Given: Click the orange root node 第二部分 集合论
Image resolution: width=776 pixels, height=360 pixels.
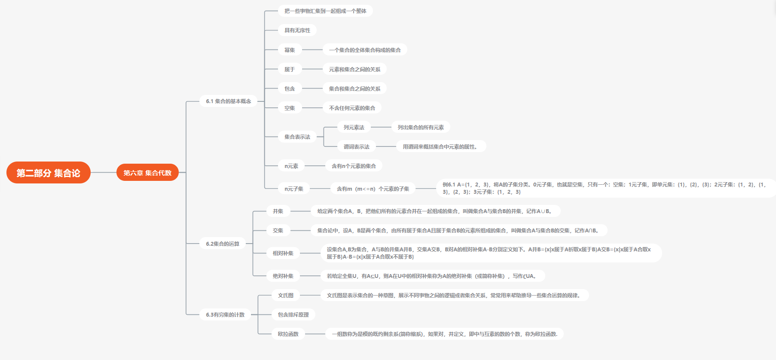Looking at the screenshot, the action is (x=49, y=173).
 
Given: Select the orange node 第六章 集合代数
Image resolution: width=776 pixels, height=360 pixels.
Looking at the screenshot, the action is (x=147, y=173).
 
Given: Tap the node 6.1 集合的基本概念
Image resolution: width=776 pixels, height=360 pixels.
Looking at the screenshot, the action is (x=228, y=101).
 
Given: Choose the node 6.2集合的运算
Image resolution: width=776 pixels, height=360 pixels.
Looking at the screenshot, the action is (x=223, y=244).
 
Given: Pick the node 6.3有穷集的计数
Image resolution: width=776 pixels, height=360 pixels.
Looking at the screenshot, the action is (x=225, y=314).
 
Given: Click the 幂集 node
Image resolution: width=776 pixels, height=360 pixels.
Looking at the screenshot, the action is (x=290, y=50).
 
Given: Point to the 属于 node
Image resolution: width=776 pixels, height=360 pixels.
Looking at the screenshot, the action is (x=290, y=69).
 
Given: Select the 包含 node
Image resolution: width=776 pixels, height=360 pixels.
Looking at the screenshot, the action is (x=290, y=88).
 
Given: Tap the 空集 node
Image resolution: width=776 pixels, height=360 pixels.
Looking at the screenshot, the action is (x=290, y=108).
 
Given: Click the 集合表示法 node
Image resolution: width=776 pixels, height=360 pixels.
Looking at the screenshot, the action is (x=297, y=137).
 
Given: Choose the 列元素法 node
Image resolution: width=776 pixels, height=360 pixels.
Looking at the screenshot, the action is (x=354, y=127).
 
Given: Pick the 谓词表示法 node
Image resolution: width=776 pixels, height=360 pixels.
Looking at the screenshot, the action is (x=357, y=146).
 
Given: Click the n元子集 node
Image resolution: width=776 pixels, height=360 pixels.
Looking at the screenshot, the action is (x=294, y=189).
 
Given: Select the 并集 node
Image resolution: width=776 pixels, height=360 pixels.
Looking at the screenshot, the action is (x=278, y=211).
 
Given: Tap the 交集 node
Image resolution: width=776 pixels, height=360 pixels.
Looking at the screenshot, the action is (x=278, y=230).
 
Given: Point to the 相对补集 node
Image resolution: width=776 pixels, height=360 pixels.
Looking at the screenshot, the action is (x=283, y=253).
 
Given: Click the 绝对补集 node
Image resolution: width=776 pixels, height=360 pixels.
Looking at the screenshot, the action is (x=283, y=276).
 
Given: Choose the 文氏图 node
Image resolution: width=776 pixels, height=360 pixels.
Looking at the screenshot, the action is (x=286, y=295).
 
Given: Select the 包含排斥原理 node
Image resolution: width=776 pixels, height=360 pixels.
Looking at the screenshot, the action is (x=293, y=314).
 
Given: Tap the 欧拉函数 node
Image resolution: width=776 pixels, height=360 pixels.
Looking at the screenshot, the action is (x=288, y=334).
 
